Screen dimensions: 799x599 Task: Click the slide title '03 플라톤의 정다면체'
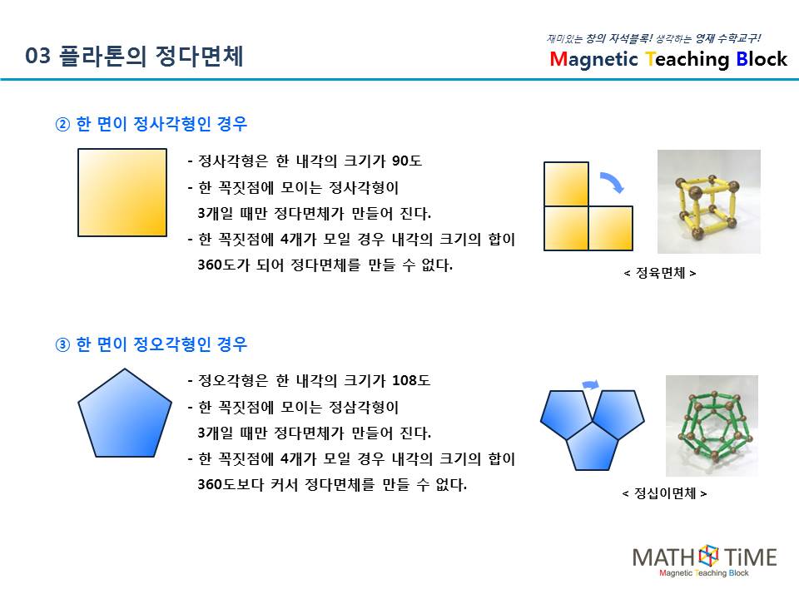[134, 56]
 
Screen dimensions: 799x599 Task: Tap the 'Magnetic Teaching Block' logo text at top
[668, 59]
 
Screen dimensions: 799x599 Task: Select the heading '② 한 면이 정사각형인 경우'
[151, 124]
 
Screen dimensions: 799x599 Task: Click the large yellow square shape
[122, 192]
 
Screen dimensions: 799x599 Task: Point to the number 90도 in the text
[407, 161]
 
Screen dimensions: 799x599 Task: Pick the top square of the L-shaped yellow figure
[566, 184]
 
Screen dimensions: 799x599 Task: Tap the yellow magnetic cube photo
[709, 201]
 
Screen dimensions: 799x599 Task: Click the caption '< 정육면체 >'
[660, 274]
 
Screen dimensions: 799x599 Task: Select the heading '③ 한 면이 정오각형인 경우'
[151, 344]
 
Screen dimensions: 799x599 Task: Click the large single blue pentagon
[125, 413]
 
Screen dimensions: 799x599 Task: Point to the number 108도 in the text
[411, 380]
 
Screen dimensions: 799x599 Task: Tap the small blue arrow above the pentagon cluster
[591, 384]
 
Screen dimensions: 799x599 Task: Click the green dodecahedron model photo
[712, 426]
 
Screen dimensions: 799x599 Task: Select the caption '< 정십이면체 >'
[664, 493]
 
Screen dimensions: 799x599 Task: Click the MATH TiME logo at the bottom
[705, 561]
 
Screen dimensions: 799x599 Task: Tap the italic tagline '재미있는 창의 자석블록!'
[599, 39]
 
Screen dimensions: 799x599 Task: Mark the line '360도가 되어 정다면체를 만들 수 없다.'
[325, 265]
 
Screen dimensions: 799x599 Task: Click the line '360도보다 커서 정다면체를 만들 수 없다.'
[332, 484]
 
